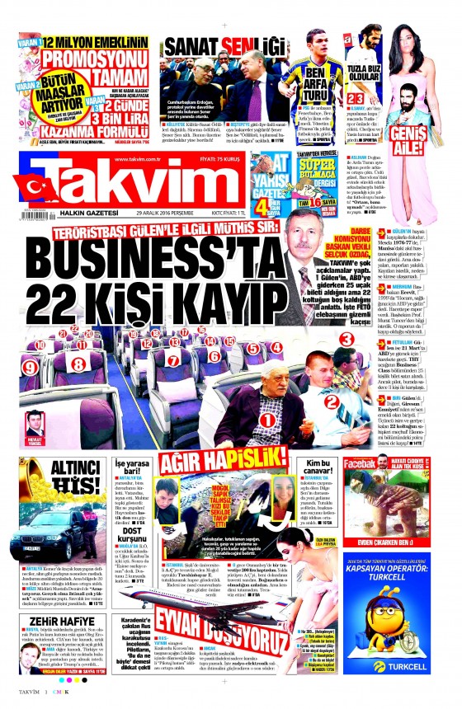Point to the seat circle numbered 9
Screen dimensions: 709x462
pyautogui.click(x=31, y=365)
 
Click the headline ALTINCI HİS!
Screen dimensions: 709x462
pyautogui.click(x=65, y=475)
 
